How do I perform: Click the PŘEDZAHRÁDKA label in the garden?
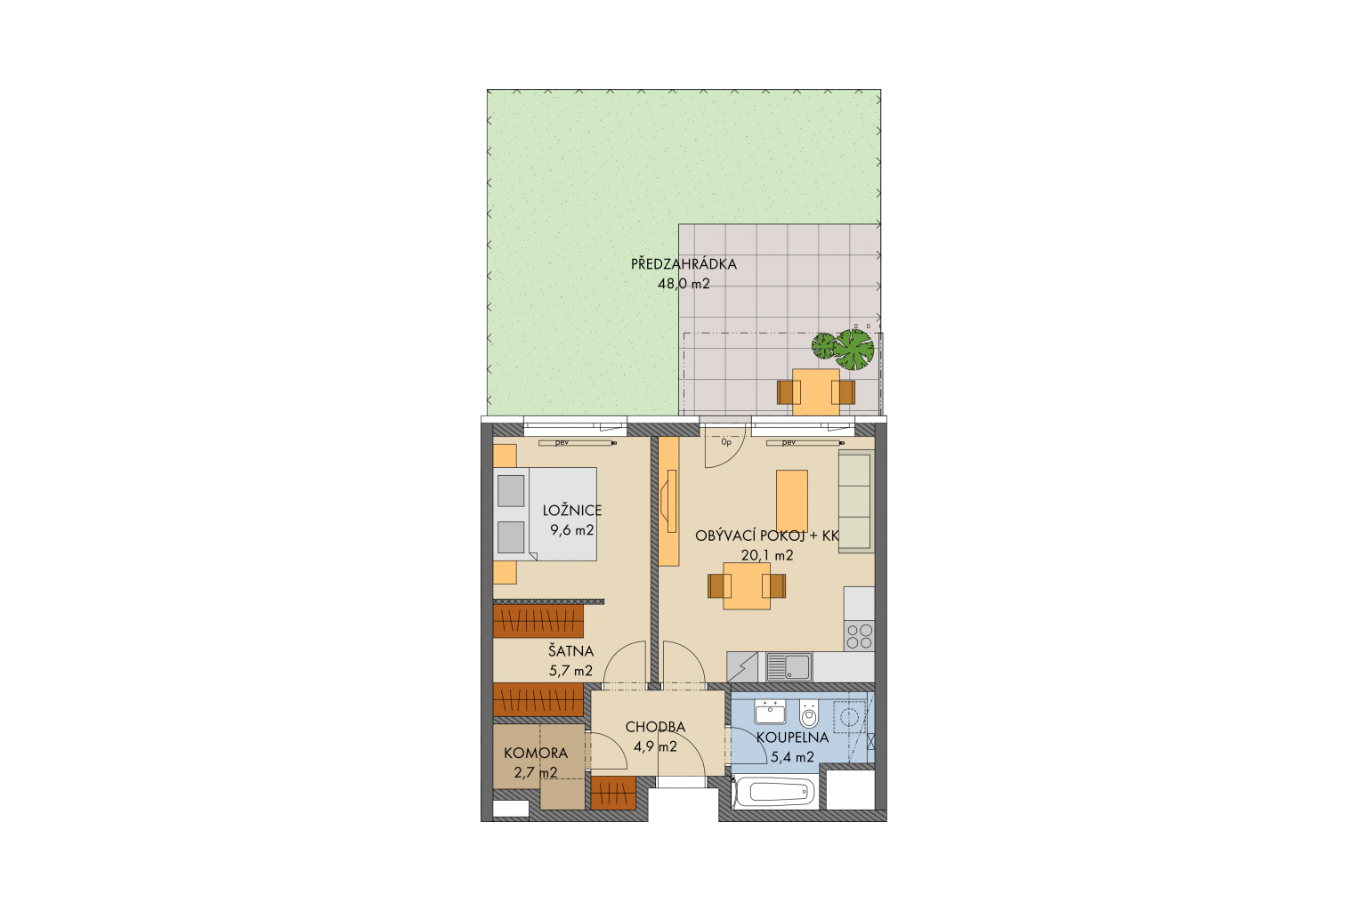coord(683,264)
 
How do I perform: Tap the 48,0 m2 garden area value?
coord(683,284)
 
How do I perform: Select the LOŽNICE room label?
coord(572,511)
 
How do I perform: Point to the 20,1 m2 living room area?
coord(767,555)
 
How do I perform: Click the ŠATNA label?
coord(570,651)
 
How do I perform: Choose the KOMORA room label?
coord(536,753)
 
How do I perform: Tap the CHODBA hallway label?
coord(655,728)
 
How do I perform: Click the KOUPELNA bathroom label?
coord(792,738)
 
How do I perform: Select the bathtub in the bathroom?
coord(774,793)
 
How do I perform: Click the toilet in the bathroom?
coord(809,713)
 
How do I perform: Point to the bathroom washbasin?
coord(770,712)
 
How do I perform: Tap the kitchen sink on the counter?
coord(789,667)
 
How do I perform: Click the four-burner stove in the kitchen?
coord(859,636)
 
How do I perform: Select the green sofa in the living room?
coord(856,502)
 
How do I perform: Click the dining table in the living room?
coord(747,585)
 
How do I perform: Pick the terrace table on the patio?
coord(816,391)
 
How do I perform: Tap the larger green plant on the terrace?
coord(854,349)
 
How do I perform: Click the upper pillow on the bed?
coord(511,490)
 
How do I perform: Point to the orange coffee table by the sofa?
coord(791,501)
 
